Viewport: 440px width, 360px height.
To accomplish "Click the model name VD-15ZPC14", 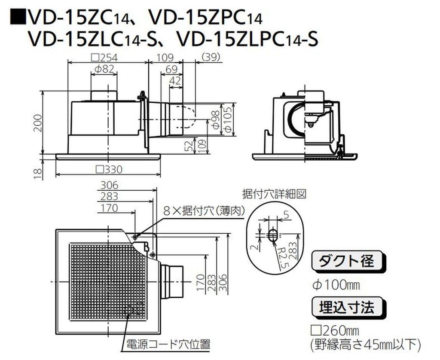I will point(205,18).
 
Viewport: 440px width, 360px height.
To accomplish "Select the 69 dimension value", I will point(171,69).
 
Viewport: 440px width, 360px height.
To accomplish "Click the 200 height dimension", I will point(38,122).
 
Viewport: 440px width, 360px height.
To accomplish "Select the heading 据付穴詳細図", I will point(274,194).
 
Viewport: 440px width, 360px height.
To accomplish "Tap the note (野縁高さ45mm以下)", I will point(363,345).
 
